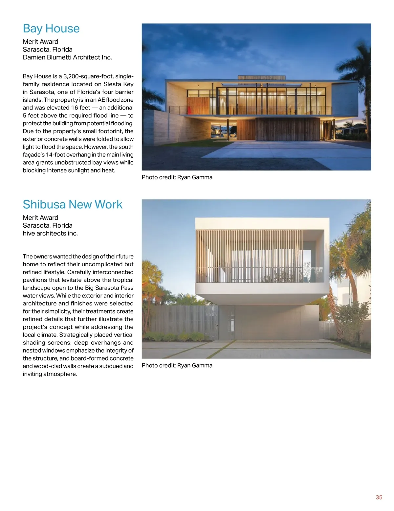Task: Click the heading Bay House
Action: (51, 29)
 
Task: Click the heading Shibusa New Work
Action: (73, 204)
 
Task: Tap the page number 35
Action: (379, 497)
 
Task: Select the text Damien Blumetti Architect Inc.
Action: (67, 57)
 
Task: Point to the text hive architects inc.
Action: (50, 233)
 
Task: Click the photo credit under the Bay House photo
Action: (177, 177)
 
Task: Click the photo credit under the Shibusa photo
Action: (177, 365)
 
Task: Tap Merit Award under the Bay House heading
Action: (40, 42)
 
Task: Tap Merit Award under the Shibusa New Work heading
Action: (40, 217)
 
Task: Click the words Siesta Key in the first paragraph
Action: (119, 84)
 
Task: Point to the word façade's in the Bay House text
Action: (34, 155)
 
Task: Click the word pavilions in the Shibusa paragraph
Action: (34, 280)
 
